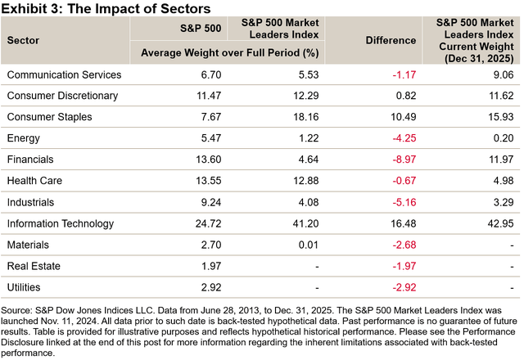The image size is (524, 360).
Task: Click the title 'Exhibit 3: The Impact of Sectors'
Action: pyautogui.click(x=106, y=8)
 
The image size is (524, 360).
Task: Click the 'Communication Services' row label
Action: pyautogui.click(x=64, y=74)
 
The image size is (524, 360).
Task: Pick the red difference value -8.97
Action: pyautogui.click(x=390, y=159)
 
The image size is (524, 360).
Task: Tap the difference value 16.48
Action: pyautogui.click(x=390, y=222)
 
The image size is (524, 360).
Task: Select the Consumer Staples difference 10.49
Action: pyautogui.click(x=390, y=116)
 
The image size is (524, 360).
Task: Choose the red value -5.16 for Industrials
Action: pyautogui.click(x=390, y=200)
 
